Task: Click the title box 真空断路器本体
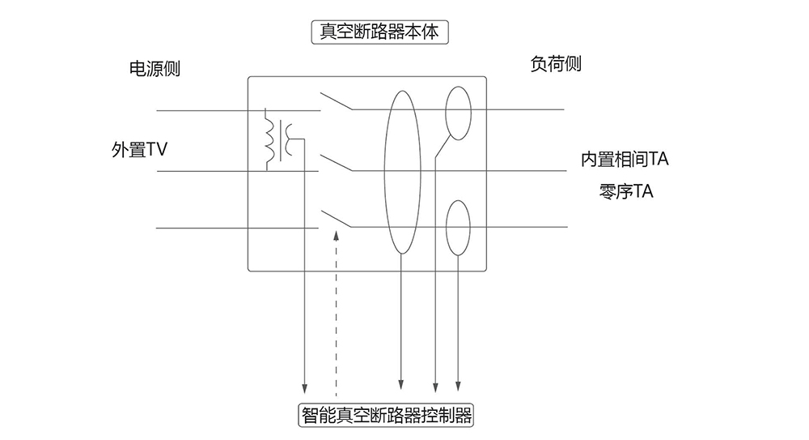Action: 379,32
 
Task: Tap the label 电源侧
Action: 155,69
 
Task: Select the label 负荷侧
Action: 556,64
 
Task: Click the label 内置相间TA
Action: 625,160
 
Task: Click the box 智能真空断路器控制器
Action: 385,417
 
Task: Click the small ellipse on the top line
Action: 458,111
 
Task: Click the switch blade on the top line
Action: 335,100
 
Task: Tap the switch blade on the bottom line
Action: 335,219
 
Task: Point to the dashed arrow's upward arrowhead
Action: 337,237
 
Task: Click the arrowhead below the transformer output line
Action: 305,385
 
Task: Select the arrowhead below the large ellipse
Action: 402,384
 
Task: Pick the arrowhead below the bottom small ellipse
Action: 460,384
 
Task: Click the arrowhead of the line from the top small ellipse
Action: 436,384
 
